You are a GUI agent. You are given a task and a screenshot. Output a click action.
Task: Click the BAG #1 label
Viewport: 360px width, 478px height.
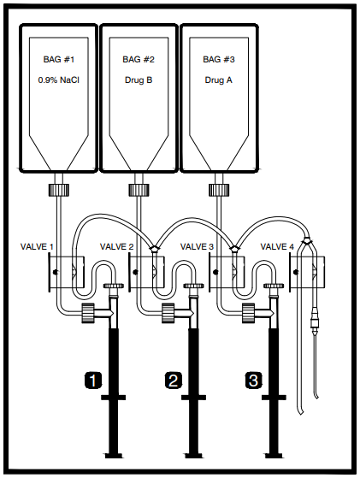(x=58, y=59)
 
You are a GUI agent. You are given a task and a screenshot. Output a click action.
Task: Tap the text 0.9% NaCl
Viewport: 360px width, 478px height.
(x=58, y=80)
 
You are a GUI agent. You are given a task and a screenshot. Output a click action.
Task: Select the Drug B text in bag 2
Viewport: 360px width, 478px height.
(x=139, y=80)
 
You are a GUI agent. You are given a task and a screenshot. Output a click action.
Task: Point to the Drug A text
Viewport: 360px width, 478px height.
(x=218, y=80)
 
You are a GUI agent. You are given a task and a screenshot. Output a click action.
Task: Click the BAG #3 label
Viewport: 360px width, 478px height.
(x=219, y=59)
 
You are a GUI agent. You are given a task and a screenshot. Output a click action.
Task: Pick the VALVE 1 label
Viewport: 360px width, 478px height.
(x=37, y=246)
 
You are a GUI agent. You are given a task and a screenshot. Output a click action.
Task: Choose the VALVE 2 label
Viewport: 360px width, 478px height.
(x=117, y=246)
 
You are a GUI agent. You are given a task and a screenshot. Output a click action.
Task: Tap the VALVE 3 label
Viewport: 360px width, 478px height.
(x=197, y=246)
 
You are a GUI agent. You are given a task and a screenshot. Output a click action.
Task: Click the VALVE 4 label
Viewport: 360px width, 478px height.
(x=277, y=246)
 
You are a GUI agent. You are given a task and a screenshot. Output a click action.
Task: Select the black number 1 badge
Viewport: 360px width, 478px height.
(x=93, y=381)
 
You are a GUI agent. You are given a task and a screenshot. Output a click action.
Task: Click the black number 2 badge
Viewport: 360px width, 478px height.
(x=173, y=381)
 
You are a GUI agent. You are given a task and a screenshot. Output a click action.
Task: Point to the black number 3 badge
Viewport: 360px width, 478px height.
(x=253, y=381)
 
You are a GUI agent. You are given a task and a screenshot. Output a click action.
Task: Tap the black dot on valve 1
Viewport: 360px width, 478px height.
(x=56, y=272)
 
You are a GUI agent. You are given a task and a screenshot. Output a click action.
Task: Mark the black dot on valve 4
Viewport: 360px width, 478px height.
(x=295, y=272)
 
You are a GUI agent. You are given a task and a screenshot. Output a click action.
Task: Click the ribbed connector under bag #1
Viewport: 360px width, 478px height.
(x=59, y=190)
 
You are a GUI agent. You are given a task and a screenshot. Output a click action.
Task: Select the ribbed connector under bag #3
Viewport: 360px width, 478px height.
(x=219, y=190)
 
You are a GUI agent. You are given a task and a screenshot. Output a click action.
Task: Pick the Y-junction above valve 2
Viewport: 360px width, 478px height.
(x=154, y=250)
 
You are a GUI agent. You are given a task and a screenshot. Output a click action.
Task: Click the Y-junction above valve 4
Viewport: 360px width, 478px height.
(x=307, y=240)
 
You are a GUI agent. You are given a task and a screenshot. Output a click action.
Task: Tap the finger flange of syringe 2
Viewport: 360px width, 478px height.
(x=193, y=398)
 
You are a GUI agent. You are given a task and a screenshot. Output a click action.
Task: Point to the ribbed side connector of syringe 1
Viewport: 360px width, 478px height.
(x=88, y=313)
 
